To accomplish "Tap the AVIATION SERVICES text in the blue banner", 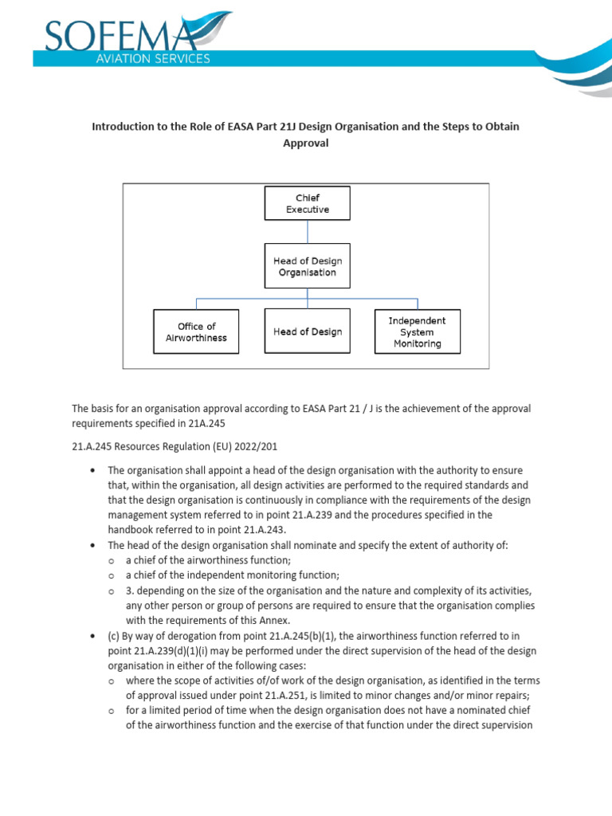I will point(163,59).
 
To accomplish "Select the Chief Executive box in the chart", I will point(307,204).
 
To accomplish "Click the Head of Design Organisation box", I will point(307,266).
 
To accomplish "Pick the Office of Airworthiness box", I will point(196,331).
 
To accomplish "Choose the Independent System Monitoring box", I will point(417,331).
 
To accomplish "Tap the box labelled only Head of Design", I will point(307,331).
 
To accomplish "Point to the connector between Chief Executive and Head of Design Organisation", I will point(307,231).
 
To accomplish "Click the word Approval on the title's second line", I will point(306,144).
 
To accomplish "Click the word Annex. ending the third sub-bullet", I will point(271,620).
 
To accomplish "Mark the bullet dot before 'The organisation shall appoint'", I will point(93,471).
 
